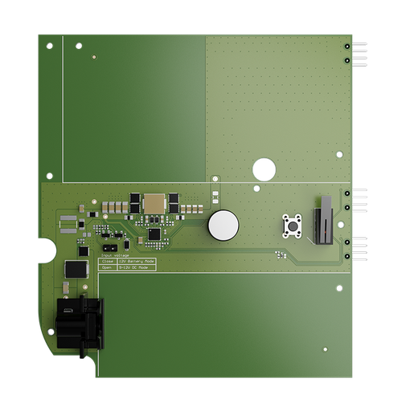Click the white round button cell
point(224,226)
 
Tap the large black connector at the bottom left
point(80,323)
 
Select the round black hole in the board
point(264,169)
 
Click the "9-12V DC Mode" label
point(133,268)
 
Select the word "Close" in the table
point(108,262)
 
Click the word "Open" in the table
point(107,268)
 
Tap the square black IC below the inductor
point(154,234)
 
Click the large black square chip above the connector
point(76,269)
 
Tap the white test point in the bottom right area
point(325,350)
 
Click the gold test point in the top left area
point(95,58)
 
